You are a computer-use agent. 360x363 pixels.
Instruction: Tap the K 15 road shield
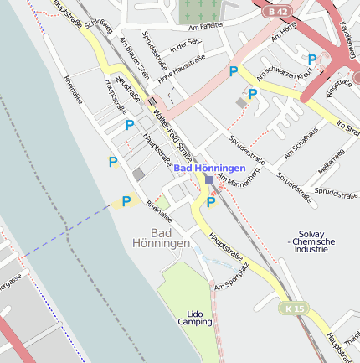pos(294,309)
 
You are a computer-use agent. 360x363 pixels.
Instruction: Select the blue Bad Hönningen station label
pos(209,169)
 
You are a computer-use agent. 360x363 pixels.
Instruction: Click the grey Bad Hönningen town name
pos(161,237)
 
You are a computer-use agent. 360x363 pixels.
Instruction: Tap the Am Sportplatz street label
pos(231,276)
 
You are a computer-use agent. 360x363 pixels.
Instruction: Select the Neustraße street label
pos(129,86)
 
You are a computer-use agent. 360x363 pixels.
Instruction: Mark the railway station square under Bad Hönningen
pos(208,179)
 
